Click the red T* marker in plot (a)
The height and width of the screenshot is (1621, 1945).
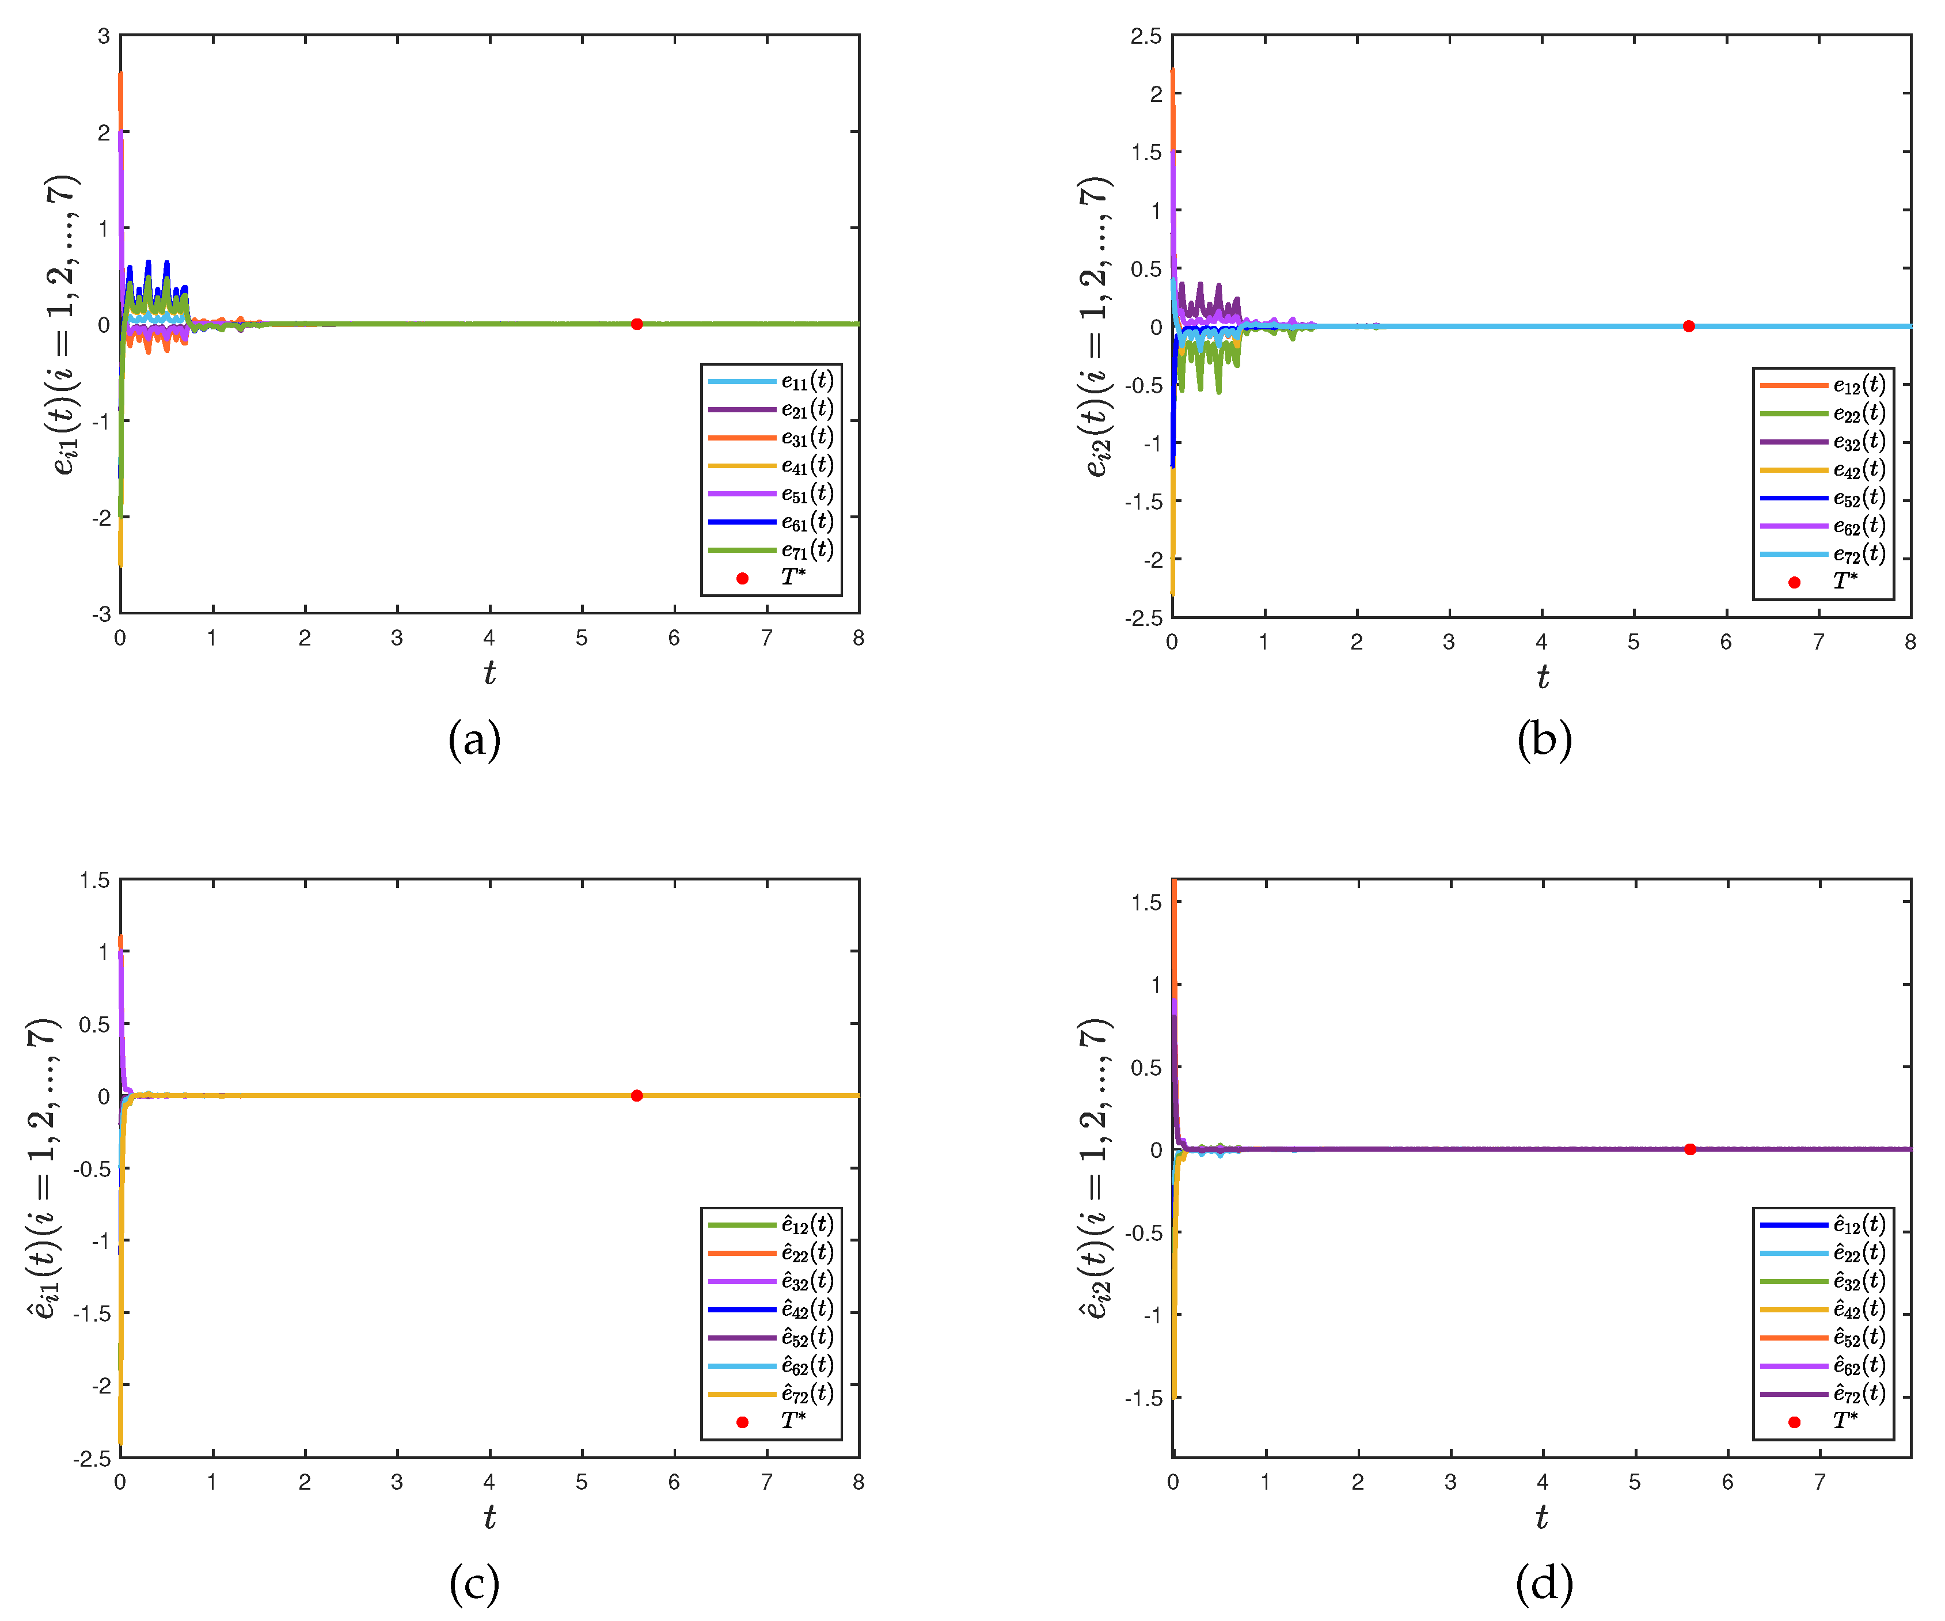pyautogui.click(x=636, y=324)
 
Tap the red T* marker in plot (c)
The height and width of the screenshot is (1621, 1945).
pyautogui.click(x=636, y=1096)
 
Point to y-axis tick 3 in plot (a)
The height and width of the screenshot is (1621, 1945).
pyautogui.click(x=104, y=36)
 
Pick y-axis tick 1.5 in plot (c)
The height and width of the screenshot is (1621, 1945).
pyautogui.click(x=96, y=880)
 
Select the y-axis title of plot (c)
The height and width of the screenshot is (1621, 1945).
pyautogui.click(x=44, y=1167)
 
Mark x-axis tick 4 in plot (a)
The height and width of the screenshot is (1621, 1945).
pyautogui.click(x=489, y=638)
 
